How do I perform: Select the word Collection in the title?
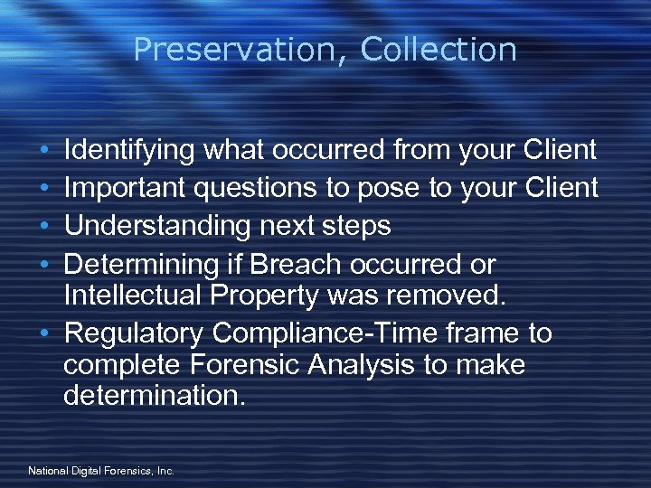pyautogui.click(x=439, y=50)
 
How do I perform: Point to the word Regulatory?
pyautogui.click(x=135, y=334)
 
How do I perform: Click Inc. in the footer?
pyautogui.click(x=165, y=471)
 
